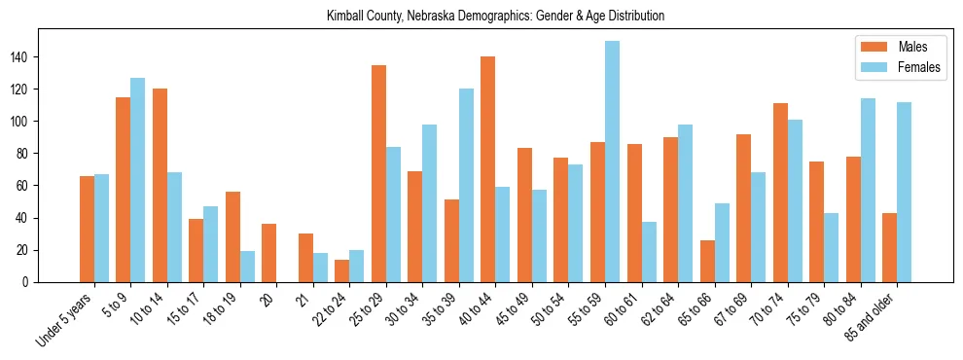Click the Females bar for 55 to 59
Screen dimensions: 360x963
(x=612, y=162)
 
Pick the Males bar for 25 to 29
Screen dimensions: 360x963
(x=378, y=173)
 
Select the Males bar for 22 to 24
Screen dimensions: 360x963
(x=342, y=270)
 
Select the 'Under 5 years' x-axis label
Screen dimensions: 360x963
(x=65, y=319)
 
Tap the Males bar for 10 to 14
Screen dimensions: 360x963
(x=160, y=185)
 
